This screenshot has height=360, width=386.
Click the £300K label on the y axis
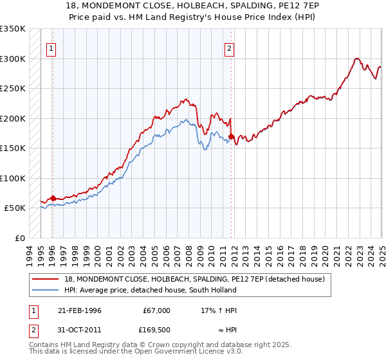click(12, 59)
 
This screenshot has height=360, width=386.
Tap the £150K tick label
click(12, 148)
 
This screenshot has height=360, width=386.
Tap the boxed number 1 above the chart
click(51, 47)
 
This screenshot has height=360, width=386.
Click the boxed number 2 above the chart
click(229, 47)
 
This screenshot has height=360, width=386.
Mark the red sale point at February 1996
click(53, 198)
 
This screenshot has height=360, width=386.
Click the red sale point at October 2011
click(231, 137)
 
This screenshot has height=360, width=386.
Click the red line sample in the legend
click(46, 279)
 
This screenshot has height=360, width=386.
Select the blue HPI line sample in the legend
click(46, 290)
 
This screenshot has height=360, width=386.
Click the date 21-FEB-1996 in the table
click(80, 310)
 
